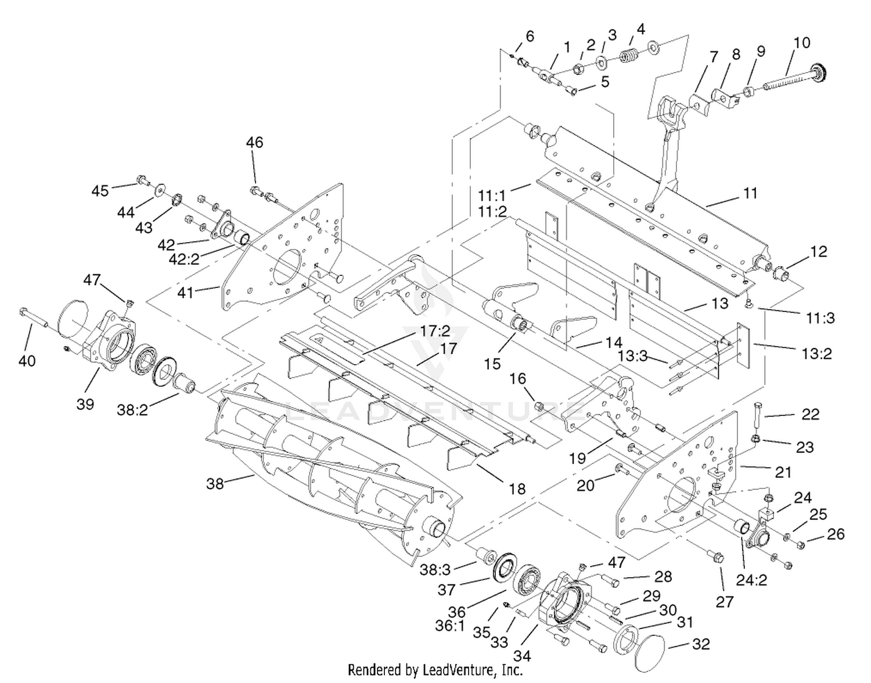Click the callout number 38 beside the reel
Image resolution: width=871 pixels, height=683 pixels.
[x=215, y=484]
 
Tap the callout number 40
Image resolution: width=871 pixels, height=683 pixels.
[x=27, y=361]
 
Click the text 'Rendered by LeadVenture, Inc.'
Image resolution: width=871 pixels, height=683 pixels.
[x=435, y=670]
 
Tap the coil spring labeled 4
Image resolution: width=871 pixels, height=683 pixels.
[x=628, y=55]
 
